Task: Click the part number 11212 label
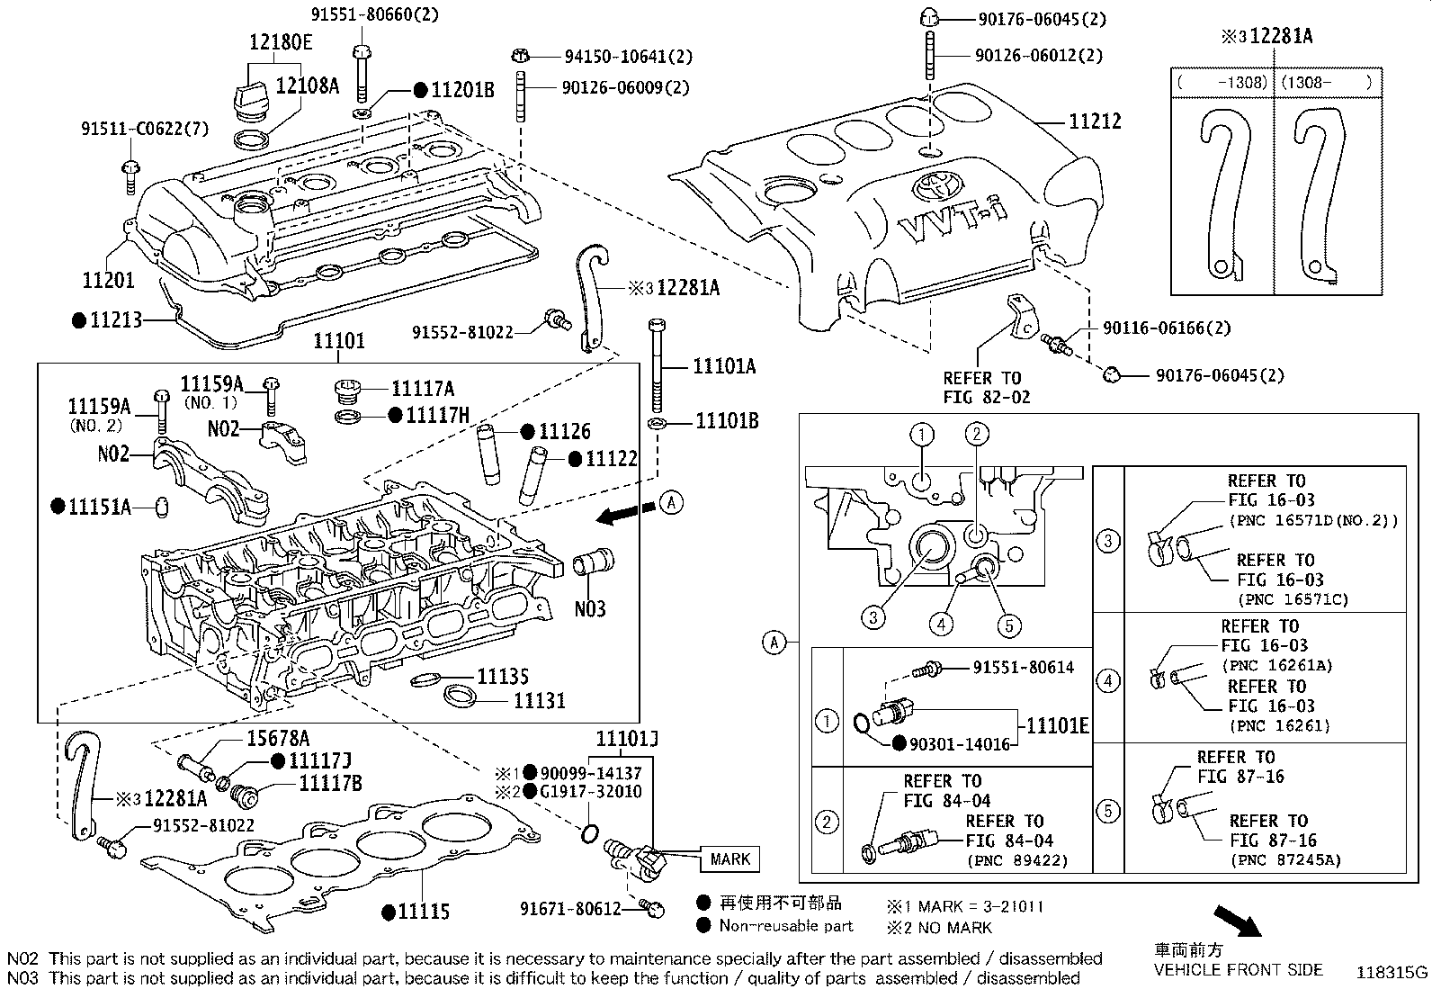[x=1095, y=121]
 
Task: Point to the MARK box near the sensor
[x=729, y=859]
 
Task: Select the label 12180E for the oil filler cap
[x=281, y=41]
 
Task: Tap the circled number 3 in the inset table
[x=1108, y=540]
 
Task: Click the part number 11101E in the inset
[x=1057, y=725]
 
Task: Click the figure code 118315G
[x=1392, y=973]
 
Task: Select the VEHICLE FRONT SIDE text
[x=1238, y=970]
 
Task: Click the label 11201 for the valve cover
[x=108, y=280]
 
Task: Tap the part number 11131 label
[x=539, y=699]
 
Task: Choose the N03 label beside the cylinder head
[x=590, y=609]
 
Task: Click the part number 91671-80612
[x=570, y=909]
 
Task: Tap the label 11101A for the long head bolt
[x=724, y=366]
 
